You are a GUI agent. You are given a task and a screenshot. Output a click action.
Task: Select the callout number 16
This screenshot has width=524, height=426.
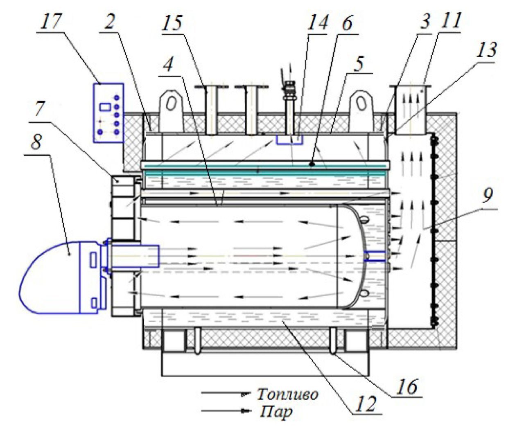[408, 386]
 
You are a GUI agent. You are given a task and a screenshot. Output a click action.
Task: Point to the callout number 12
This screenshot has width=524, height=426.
[365, 403]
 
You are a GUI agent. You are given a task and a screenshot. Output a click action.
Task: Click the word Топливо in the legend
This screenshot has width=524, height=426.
[287, 394]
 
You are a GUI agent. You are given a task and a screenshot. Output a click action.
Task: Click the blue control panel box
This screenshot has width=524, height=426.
[108, 113]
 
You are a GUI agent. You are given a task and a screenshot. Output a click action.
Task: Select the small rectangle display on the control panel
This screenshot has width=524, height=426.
[105, 107]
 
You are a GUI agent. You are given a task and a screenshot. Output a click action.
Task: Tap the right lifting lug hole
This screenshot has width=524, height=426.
[361, 104]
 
